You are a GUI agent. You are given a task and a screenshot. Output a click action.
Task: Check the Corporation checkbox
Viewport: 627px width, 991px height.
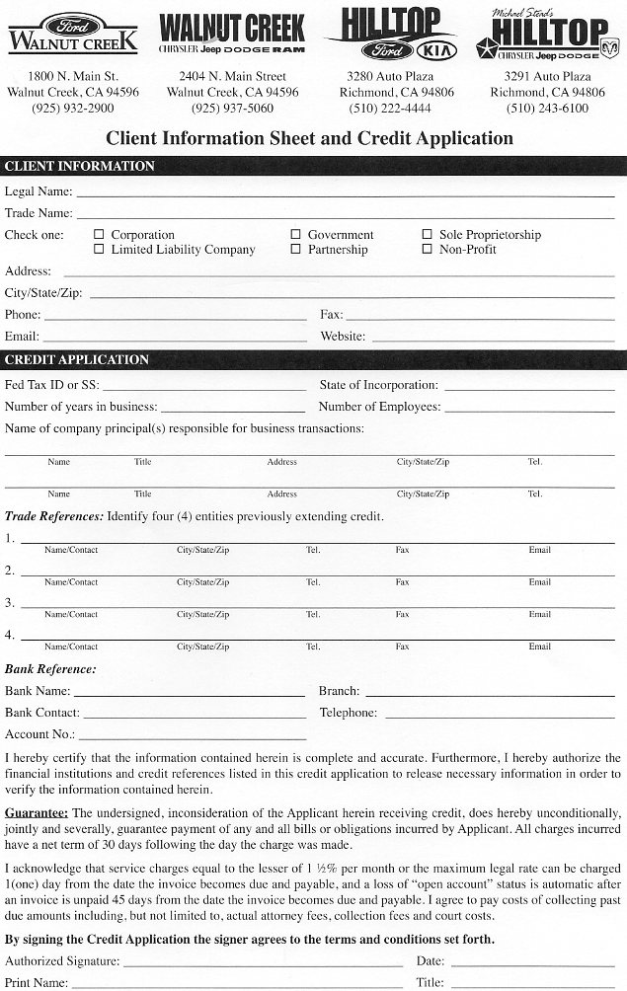pos(99,235)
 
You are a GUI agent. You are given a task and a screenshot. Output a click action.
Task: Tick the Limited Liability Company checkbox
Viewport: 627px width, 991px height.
pos(99,250)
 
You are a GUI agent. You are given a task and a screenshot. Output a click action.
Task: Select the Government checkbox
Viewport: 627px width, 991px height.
pos(296,235)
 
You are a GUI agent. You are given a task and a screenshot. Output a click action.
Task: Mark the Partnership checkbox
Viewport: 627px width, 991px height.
pos(296,250)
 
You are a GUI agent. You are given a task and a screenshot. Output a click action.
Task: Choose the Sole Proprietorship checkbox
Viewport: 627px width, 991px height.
pos(428,235)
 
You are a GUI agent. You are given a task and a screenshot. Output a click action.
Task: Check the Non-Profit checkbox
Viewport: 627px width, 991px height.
pos(428,250)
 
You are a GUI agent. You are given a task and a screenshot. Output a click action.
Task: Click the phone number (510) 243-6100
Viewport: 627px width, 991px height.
pos(547,109)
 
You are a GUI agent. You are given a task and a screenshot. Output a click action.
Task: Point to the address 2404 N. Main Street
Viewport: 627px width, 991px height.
pos(232,76)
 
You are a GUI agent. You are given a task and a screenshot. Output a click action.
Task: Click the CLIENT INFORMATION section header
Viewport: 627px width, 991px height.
pos(80,166)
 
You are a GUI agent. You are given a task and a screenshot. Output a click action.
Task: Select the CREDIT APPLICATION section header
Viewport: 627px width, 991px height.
pos(77,359)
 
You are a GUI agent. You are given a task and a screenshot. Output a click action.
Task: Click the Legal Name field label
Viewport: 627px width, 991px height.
pos(39,191)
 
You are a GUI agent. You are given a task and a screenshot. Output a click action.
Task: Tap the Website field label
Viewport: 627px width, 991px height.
pos(343,337)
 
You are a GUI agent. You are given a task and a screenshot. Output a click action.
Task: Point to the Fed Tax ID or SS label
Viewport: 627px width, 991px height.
pos(51,385)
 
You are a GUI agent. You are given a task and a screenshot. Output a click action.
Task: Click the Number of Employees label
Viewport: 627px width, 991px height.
pos(378,407)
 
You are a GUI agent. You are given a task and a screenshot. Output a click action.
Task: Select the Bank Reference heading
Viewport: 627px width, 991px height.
pos(50,669)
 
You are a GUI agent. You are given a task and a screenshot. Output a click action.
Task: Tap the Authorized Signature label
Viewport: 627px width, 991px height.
pos(62,961)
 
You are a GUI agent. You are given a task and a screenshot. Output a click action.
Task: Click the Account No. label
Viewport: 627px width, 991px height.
pos(39,734)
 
